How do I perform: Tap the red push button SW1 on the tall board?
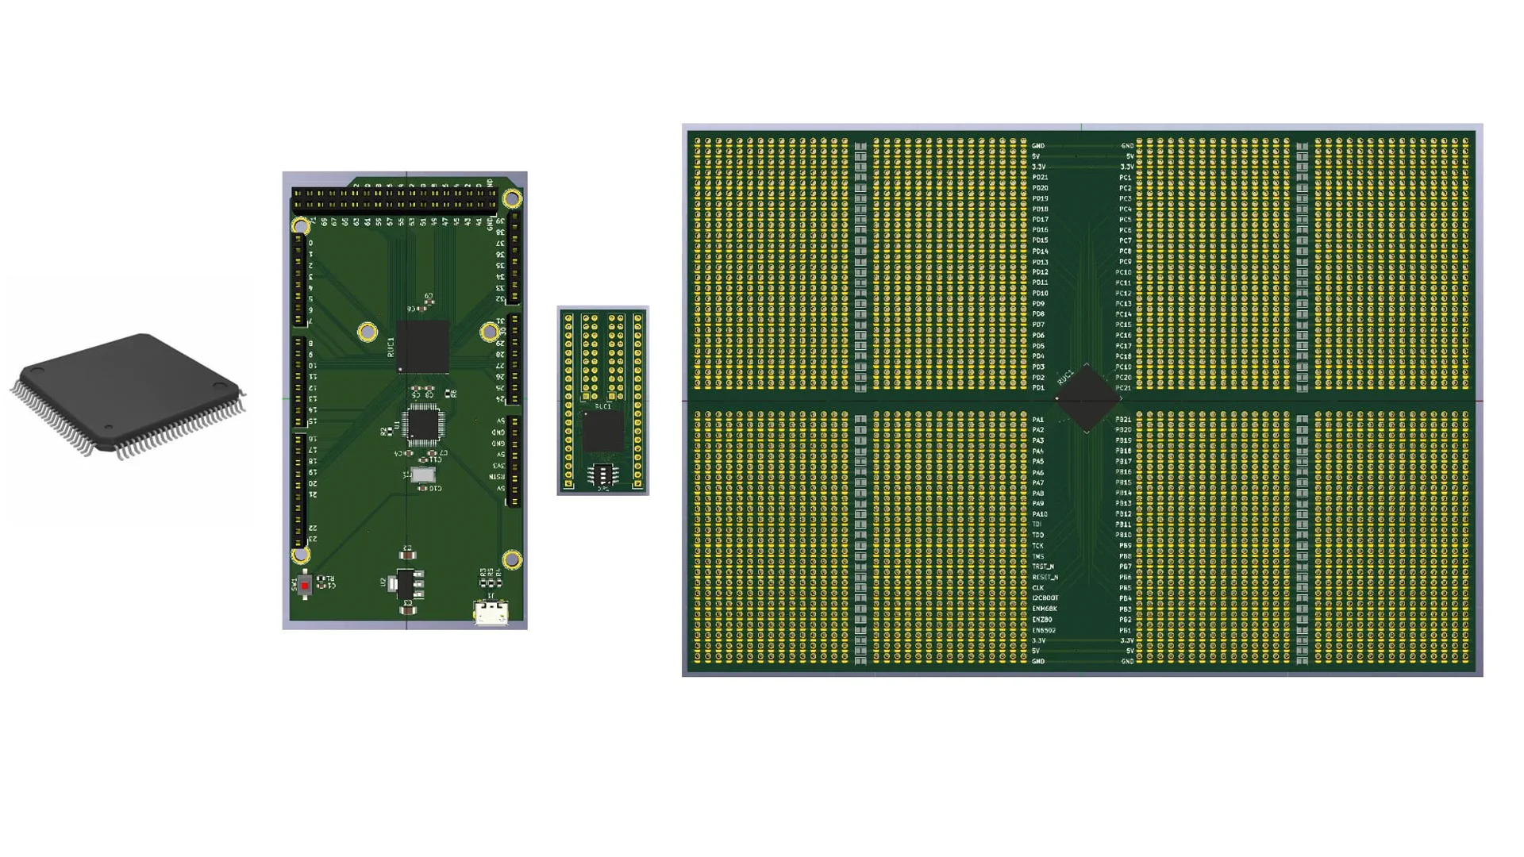point(305,586)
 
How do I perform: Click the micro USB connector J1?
point(491,613)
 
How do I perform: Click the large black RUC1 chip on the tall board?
point(422,347)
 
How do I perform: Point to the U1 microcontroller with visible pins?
point(423,425)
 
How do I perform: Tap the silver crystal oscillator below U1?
point(423,475)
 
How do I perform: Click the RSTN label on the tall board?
point(497,476)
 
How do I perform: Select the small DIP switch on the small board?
point(602,475)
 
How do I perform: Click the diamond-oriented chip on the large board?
point(1087,398)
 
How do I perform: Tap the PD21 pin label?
point(1040,178)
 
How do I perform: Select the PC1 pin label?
point(1125,178)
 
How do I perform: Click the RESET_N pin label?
point(1045,577)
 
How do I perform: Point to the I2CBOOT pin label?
point(1045,598)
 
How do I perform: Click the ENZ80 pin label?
point(1042,620)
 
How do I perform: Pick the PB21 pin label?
point(1123,420)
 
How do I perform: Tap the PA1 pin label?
point(1038,420)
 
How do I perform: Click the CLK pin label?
point(1038,588)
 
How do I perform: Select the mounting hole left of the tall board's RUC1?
point(367,332)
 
